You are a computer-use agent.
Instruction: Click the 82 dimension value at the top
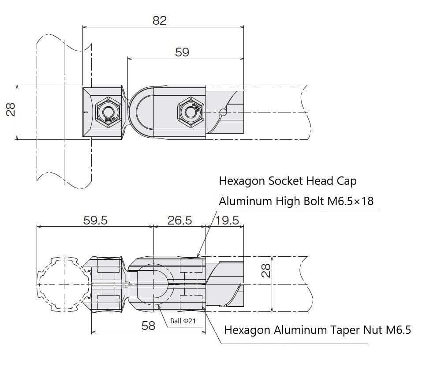tap(160, 20)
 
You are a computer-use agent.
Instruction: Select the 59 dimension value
tap(182, 52)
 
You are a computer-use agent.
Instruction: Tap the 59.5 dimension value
tap(95, 220)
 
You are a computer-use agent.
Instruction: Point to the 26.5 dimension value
tap(179, 220)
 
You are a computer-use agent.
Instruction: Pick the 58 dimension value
tap(148, 326)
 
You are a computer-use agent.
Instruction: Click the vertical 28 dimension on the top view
tap(10, 109)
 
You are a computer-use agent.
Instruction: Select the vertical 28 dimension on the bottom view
tap(266, 270)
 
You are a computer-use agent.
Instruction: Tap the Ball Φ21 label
tap(183, 321)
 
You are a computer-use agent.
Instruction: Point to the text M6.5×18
tap(351, 201)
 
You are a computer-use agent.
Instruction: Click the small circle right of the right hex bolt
tap(223, 112)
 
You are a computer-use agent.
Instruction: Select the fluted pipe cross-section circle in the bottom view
tap(63, 284)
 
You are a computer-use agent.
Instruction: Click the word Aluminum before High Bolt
tap(245, 201)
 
